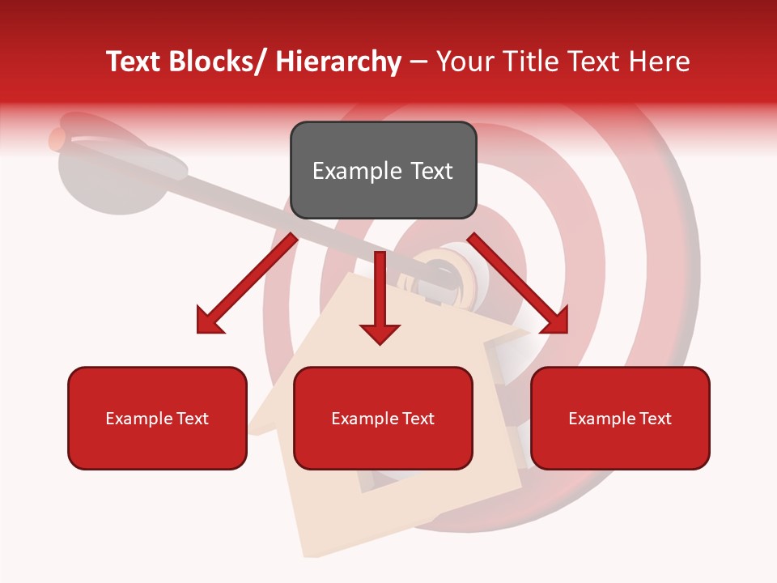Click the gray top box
[383, 170]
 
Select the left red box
[157, 418]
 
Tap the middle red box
[383, 418]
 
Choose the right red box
[620, 418]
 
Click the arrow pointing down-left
[247, 283]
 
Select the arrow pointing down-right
[518, 283]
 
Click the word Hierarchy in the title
[338, 62]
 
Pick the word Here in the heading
[659, 62]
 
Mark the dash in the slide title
[418, 62]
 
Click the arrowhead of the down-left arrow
[209, 321]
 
